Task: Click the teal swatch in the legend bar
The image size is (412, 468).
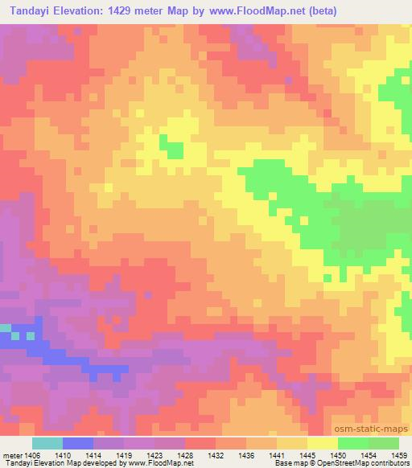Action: pyautogui.click(x=47, y=443)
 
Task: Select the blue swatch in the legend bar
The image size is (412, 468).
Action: pyautogui.click(x=78, y=443)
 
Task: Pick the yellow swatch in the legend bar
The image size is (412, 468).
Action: pyautogui.click(x=322, y=443)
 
